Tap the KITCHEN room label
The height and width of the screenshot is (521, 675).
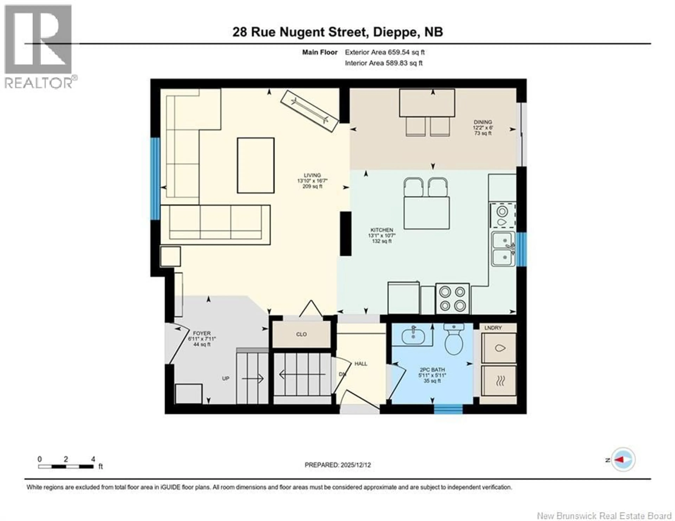click(382, 230)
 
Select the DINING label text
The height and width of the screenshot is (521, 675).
click(483, 122)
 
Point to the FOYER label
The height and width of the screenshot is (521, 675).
click(201, 333)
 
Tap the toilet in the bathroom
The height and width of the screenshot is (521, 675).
click(454, 342)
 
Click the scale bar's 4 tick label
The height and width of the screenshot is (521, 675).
click(93, 459)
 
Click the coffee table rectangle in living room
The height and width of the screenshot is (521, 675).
click(256, 166)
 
